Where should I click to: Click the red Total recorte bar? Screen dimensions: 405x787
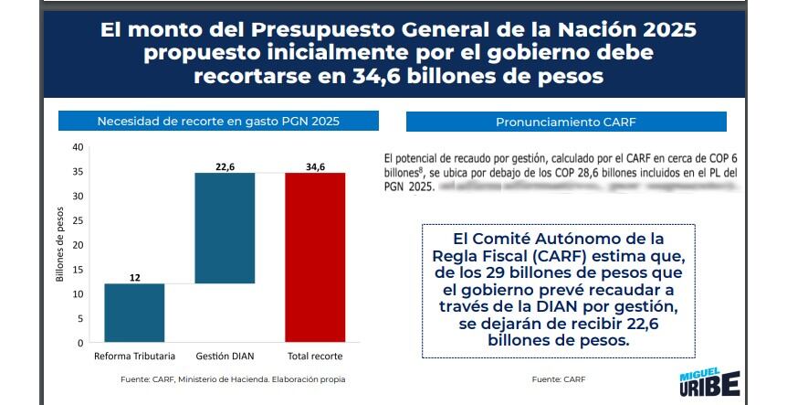[x=315, y=257]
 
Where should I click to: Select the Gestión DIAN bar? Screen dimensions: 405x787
[x=225, y=228]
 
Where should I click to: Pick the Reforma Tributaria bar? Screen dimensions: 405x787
[x=134, y=313]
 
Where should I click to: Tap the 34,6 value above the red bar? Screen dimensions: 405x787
[x=315, y=165]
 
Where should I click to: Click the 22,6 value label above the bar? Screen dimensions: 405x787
[x=225, y=165]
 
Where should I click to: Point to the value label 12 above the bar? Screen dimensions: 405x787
[x=134, y=276]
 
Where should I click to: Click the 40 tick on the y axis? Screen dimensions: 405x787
[x=78, y=146]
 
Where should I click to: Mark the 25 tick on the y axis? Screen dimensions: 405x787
[x=78, y=220]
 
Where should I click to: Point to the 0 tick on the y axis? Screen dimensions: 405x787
[x=80, y=343]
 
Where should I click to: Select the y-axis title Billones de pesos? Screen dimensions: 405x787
[x=59, y=246]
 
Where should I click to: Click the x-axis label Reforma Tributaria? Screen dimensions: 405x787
[x=134, y=356]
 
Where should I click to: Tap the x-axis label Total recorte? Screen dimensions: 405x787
[x=315, y=356]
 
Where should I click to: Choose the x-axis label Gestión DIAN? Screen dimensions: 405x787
[x=225, y=356]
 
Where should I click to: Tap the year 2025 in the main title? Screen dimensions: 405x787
[x=664, y=31]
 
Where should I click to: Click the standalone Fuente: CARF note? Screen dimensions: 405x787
[x=558, y=378]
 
